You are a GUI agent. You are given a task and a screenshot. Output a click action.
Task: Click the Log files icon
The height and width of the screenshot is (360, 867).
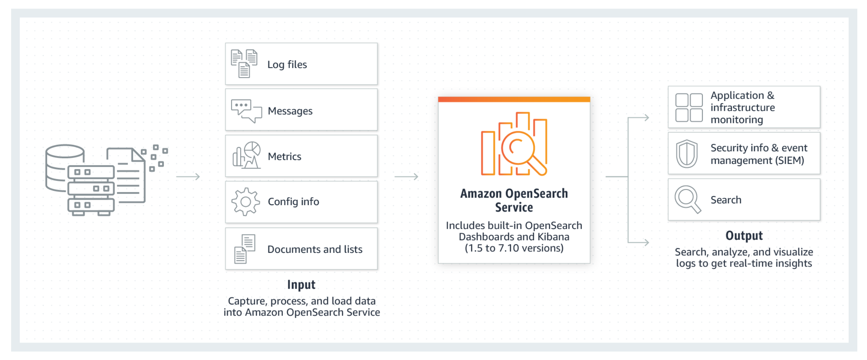coord(244,63)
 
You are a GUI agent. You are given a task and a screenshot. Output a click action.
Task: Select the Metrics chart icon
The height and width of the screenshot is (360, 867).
coord(247,155)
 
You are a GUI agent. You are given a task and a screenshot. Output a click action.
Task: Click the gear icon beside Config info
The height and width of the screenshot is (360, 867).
coord(246,202)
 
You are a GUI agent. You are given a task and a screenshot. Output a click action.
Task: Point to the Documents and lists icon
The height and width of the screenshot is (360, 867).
coord(245,249)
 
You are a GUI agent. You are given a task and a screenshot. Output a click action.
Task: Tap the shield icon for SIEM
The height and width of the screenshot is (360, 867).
coord(687,153)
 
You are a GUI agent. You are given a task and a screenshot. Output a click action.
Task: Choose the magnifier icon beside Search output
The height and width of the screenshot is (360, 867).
coord(688,199)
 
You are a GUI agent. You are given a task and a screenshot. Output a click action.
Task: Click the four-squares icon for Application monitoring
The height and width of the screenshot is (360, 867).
coord(689,108)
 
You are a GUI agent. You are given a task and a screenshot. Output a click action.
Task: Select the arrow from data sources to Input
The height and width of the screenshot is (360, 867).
coord(188,176)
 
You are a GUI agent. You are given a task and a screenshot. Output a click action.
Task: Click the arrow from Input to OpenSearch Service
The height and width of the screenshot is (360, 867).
coord(406,176)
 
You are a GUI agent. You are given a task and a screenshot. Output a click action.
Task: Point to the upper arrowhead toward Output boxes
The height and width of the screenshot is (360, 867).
coord(645,117)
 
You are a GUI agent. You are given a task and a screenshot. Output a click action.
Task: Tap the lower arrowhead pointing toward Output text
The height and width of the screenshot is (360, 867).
coord(645,242)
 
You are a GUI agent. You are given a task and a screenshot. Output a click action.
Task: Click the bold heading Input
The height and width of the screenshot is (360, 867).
coord(301,285)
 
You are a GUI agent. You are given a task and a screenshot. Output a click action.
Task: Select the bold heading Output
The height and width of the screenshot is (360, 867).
coord(744,236)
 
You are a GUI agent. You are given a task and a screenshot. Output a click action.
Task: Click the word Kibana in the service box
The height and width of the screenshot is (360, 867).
coord(553,237)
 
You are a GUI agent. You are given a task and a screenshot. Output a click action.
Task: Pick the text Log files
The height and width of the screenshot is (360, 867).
coord(287,65)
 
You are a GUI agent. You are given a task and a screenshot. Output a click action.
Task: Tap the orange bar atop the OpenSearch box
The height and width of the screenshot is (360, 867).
coord(514,99)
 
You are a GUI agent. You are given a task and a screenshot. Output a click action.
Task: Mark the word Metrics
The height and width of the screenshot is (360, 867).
coord(284,156)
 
